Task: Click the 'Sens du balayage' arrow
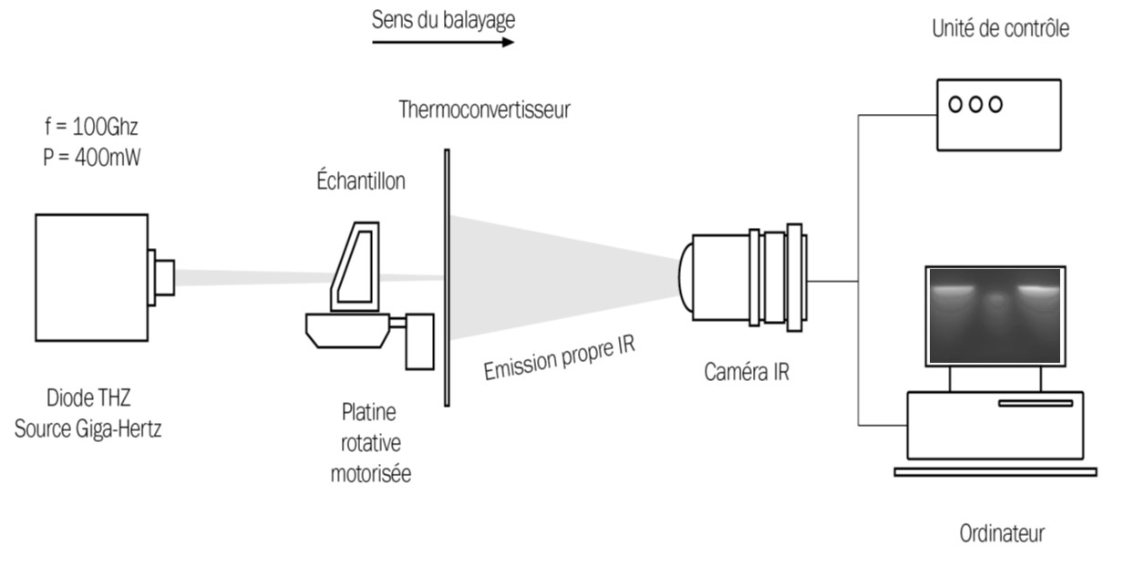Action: (x=443, y=42)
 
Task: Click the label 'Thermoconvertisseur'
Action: (x=484, y=110)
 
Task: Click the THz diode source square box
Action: (x=91, y=275)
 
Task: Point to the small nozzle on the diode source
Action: (x=164, y=276)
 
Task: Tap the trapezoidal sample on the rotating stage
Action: (x=354, y=264)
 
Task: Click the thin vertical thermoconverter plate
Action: (x=447, y=278)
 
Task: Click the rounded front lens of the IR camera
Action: (x=686, y=278)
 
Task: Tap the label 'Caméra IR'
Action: (x=747, y=372)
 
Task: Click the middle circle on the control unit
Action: (x=974, y=104)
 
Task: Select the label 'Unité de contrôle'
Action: (x=1000, y=29)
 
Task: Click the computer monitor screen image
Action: (x=995, y=314)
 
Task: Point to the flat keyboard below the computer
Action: (x=995, y=471)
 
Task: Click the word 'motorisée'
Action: (x=370, y=474)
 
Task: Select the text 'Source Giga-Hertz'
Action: (x=88, y=428)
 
